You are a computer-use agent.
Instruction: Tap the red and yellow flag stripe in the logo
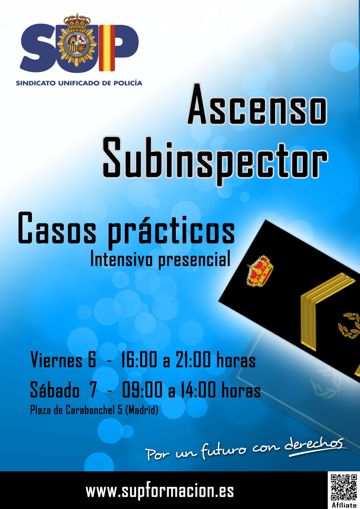tap(107, 48)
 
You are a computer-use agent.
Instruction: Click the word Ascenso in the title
tap(257, 104)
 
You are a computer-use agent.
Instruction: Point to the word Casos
tap(57, 228)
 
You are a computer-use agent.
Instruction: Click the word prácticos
tap(171, 231)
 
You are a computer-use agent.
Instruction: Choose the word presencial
tap(194, 260)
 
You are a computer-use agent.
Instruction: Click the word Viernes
tap(56, 360)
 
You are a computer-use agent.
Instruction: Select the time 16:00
tap(139, 360)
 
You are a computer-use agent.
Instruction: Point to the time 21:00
tap(193, 360)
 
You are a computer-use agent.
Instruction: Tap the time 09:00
tap(142, 390)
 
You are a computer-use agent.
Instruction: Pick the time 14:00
tap(198, 390)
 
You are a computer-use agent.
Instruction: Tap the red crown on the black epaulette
tap(260, 271)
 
